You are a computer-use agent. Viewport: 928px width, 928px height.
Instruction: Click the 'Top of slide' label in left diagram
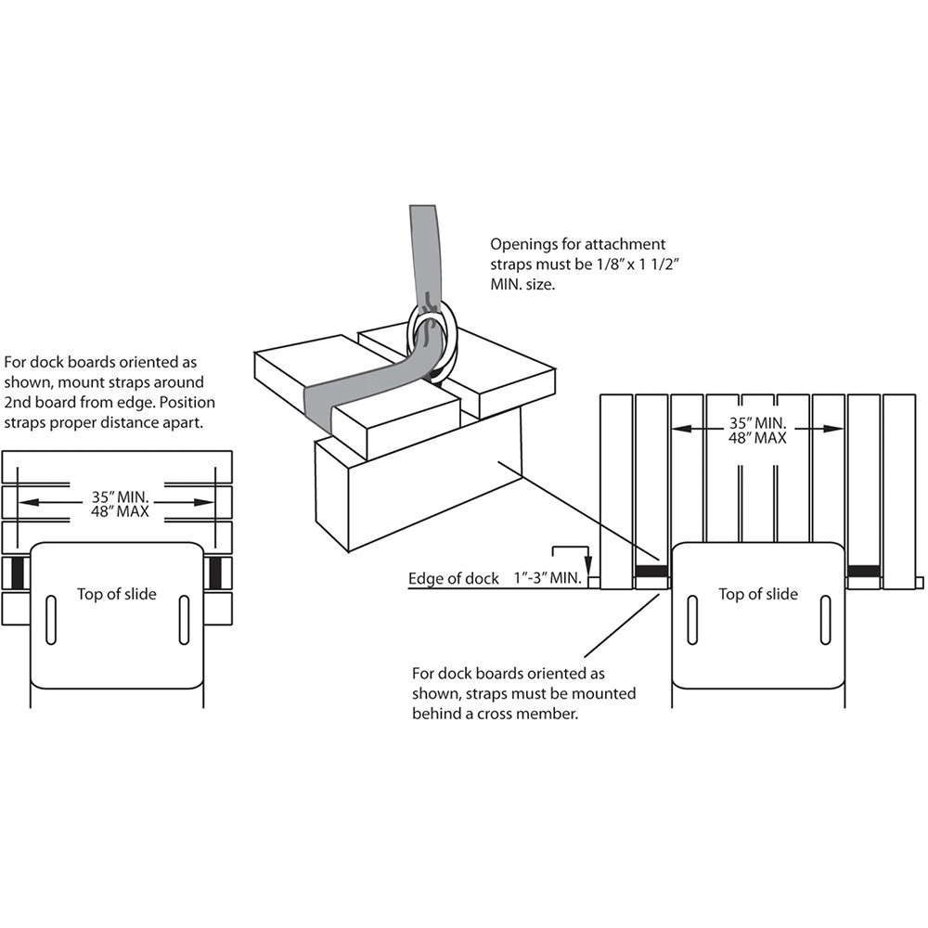click(117, 594)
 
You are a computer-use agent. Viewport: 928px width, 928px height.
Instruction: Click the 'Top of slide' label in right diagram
click(757, 594)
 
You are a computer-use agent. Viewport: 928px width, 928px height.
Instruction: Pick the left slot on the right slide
click(691, 620)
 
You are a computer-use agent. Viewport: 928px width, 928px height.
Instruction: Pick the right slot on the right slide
click(824, 620)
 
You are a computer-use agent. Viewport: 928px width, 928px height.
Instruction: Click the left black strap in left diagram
click(19, 574)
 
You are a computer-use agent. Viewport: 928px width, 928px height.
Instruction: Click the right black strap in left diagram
click(216, 574)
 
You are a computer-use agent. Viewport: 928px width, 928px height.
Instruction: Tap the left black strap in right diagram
click(651, 572)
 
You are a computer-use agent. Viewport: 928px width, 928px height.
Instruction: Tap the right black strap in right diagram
click(864, 570)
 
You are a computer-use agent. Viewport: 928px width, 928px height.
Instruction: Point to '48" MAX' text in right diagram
click(757, 438)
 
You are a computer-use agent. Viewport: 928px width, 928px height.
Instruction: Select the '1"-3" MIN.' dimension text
click(547, 579)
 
